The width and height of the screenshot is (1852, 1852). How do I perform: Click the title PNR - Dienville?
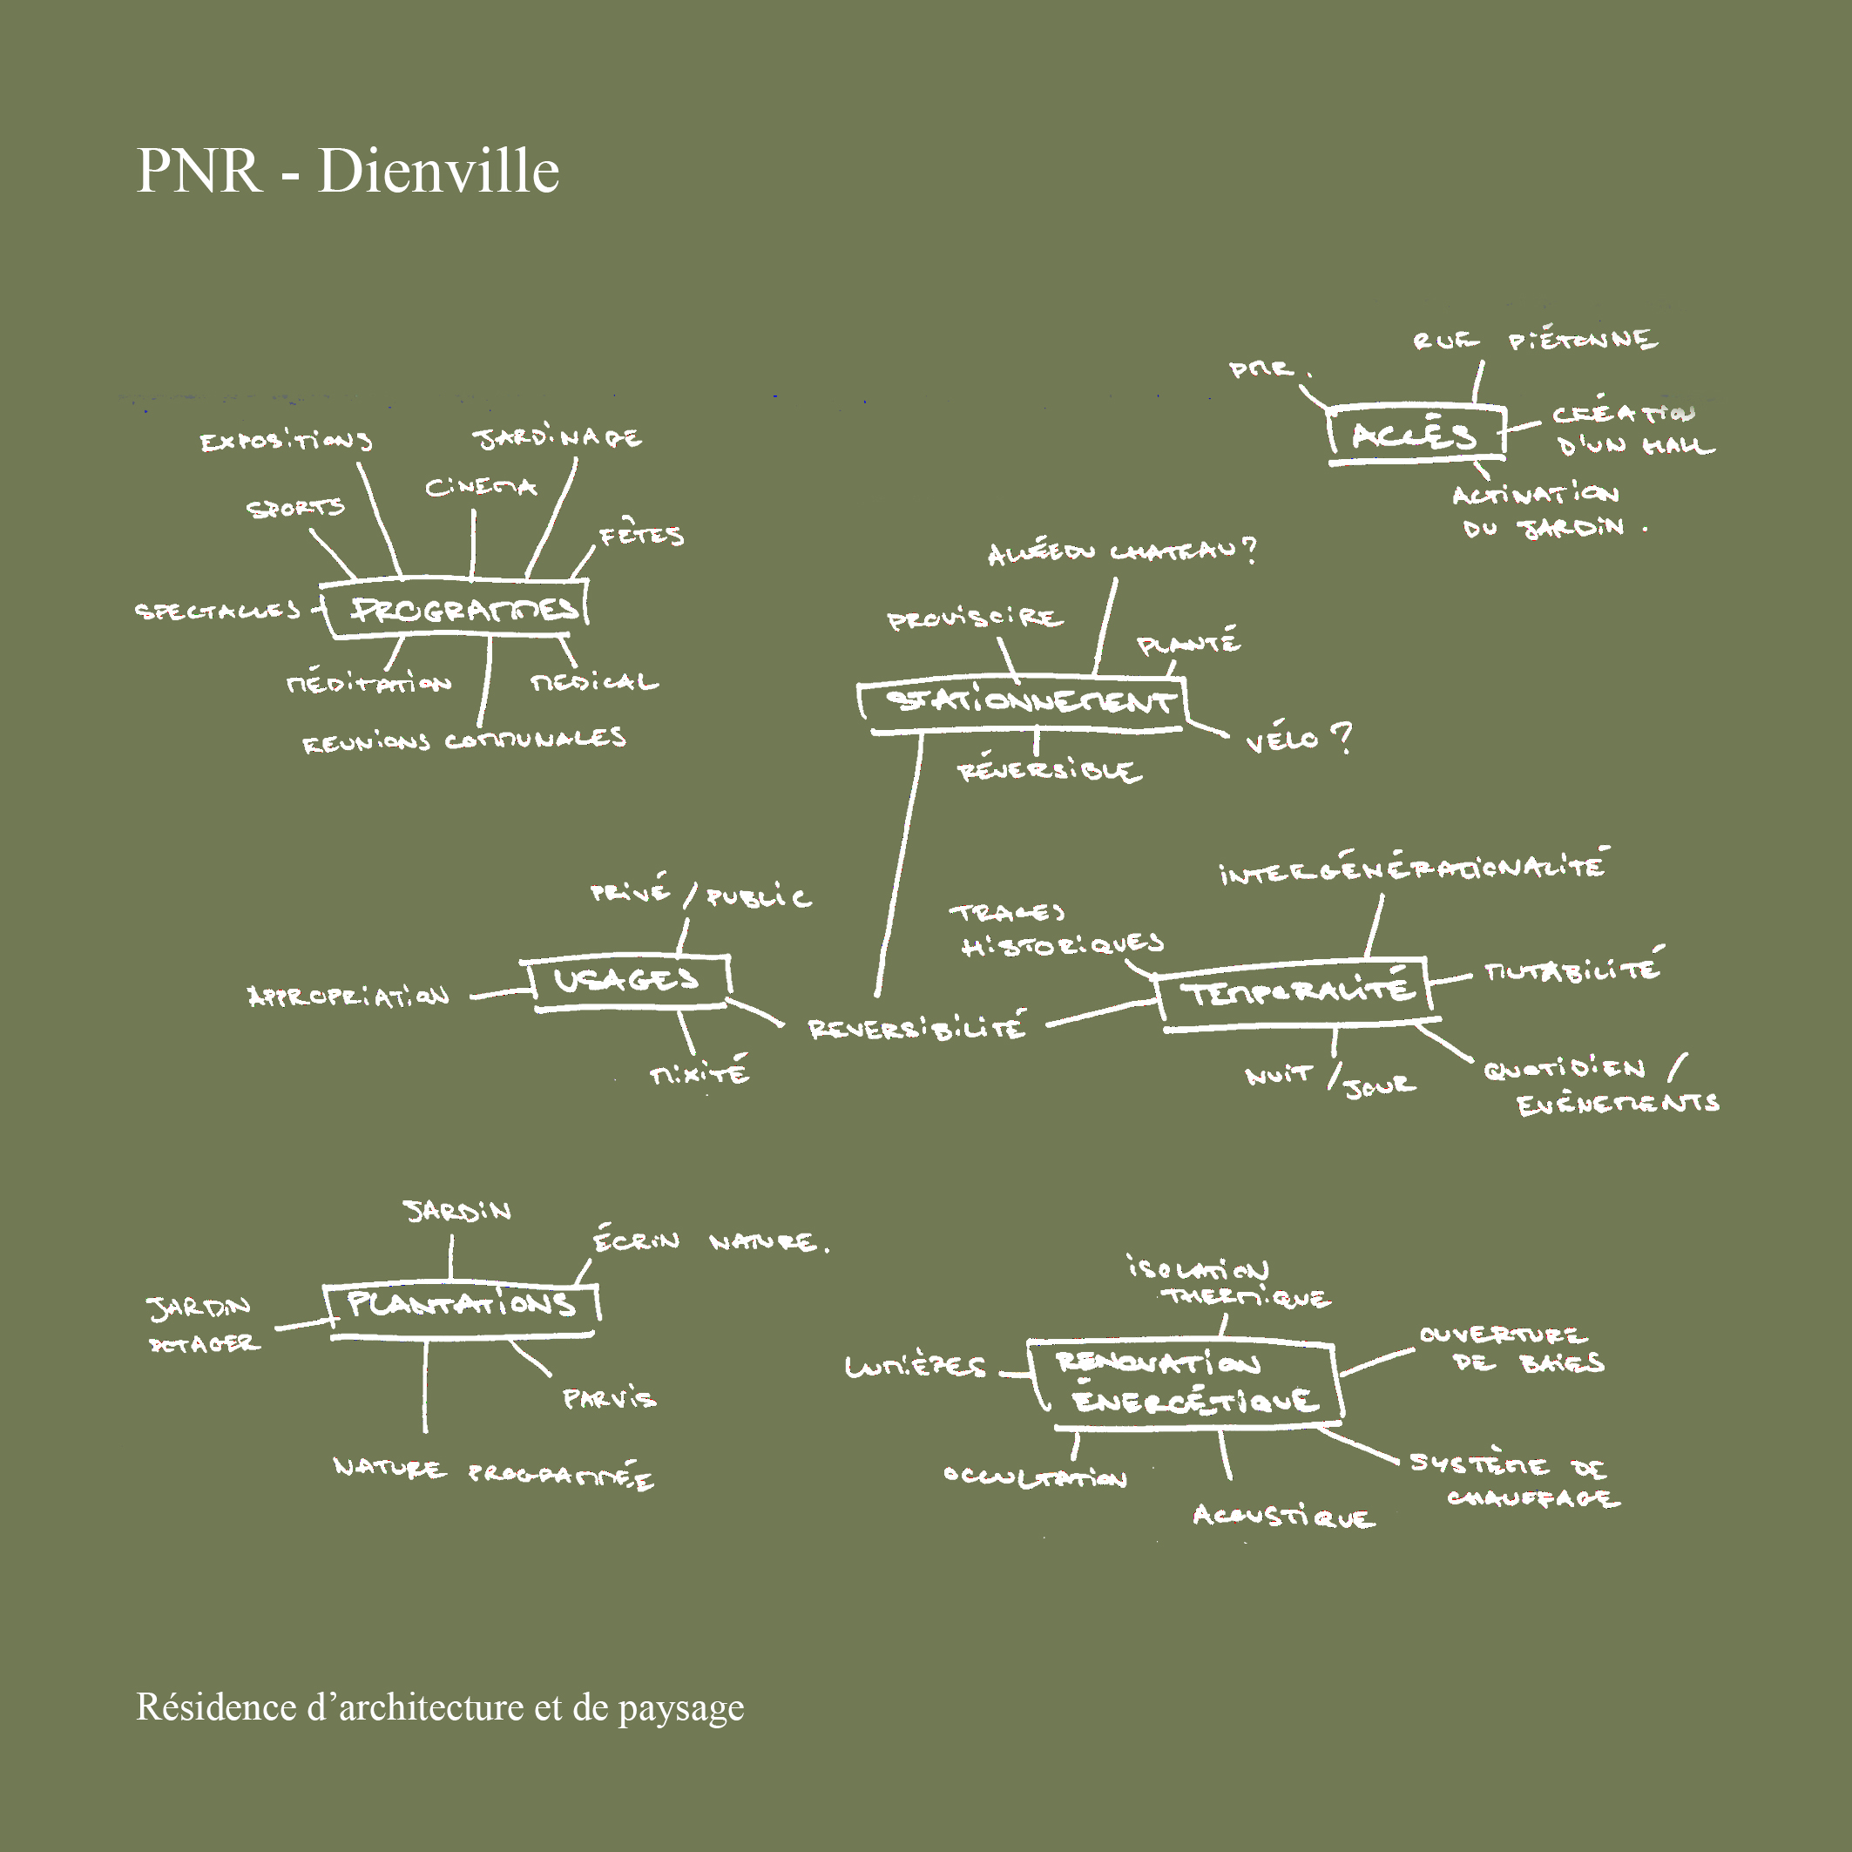[x=347, y=171]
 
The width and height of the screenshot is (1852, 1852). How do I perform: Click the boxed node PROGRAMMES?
[x=458, y=609]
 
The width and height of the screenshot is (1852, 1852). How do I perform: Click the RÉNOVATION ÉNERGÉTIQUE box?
[x=1185, y=1382]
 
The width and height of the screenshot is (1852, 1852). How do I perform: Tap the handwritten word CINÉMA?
[x=480, y=488]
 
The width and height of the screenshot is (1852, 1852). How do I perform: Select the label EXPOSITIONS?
[x=286, y=441]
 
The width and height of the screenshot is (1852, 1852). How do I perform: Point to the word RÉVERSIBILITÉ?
[x=916, y=1028]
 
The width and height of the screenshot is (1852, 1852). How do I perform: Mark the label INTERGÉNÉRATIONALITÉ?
[x=1413, y=867]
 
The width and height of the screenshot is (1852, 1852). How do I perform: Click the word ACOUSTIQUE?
[x=1283, y=1516]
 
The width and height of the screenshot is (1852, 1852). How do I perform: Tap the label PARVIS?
[x=610, y=1399]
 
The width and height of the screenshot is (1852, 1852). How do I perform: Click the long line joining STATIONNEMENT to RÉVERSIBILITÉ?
[x=899, y=862]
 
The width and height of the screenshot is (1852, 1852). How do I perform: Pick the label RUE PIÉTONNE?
[x=1534, y=341]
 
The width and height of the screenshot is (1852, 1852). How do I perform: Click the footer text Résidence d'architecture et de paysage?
[x=439, y=1707]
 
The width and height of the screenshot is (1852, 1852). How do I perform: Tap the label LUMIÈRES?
[x=915, y=1365]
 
